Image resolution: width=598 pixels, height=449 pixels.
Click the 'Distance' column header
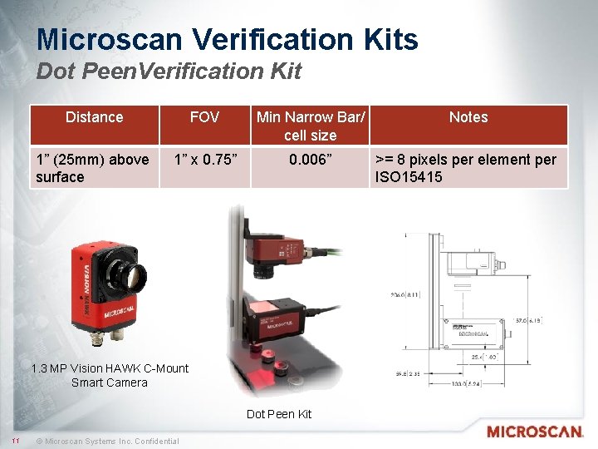point(94,117)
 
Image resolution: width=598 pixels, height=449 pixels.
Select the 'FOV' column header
point(204,117)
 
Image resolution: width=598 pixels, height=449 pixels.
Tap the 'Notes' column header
point(468,117)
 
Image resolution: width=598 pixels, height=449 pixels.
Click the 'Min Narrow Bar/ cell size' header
point(310,126)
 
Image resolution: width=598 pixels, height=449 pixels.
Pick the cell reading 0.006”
point(310,160)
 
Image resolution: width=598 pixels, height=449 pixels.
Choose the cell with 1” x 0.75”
point(205,160)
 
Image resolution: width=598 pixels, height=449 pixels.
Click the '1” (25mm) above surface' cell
point(92,168)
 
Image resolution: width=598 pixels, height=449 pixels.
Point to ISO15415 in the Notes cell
point(409,177)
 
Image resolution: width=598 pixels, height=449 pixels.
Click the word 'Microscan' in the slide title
point(103,39)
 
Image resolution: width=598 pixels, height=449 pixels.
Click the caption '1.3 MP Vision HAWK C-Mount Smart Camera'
point(110,375)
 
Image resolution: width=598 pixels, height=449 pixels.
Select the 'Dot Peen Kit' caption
point(279,414)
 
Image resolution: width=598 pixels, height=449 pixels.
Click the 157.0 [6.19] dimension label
point(527,319)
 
